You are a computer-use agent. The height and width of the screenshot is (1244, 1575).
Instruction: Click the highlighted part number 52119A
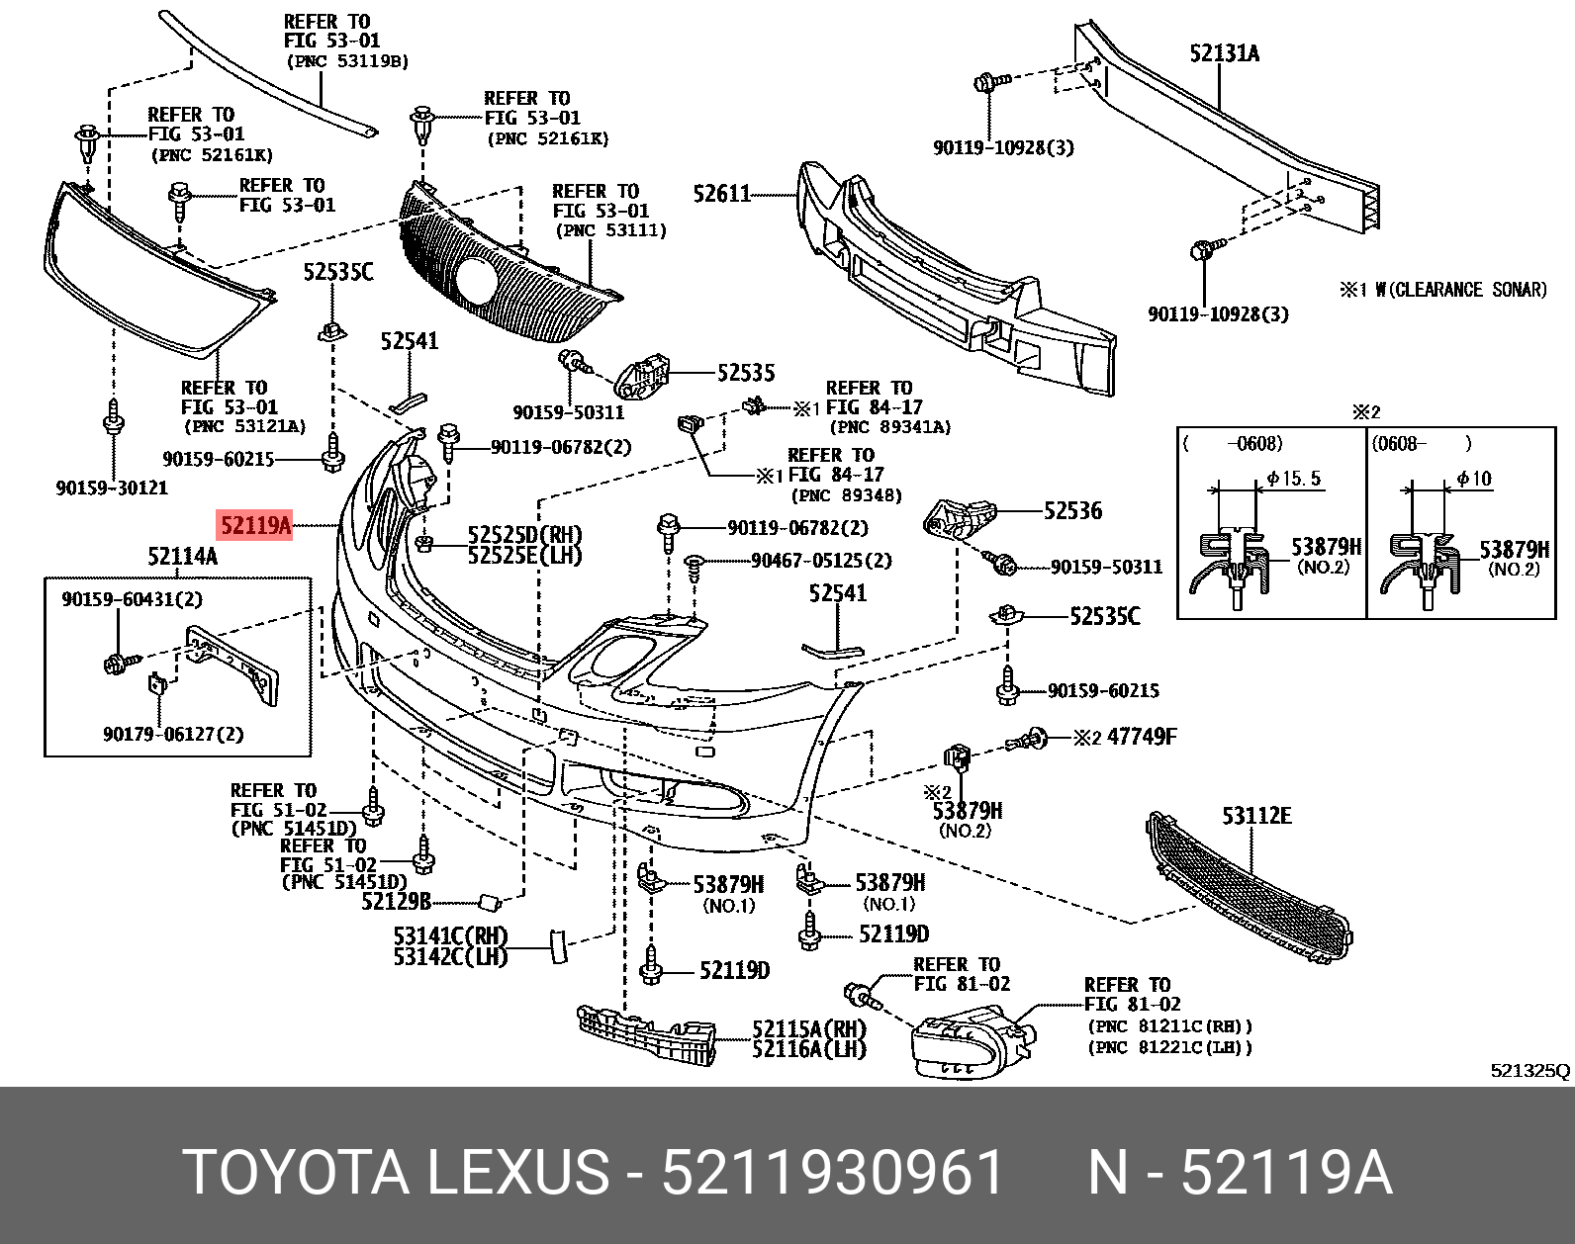click(x=255, y=525)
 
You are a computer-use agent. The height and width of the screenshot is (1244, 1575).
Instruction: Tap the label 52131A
click(x=1224, y=53)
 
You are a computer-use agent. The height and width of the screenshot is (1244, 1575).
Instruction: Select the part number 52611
click(x=722, y=194)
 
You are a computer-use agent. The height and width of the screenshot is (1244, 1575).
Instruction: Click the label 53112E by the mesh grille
click(x=1256, y=816)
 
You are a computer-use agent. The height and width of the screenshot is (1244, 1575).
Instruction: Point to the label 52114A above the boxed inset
click(x=182, y=557)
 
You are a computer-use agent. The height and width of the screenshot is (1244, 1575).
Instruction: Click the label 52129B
click(x=396, y=902)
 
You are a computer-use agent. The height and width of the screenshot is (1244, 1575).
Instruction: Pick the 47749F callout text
click(x=1142, y=737)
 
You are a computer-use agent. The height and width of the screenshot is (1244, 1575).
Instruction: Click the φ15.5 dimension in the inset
click(x=1294, y=479)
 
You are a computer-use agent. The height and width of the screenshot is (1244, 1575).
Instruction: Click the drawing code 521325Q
click(x=1529, y=1070)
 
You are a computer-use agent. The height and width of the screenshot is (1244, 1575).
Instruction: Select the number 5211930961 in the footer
click(x=832, y=1173)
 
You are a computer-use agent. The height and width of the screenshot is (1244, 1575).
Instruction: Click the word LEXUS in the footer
click(x=517, y=1173)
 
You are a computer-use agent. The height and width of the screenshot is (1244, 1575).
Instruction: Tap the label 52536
click(x=1072, y=511)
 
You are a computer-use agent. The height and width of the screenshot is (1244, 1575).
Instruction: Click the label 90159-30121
click(x=112, y=488)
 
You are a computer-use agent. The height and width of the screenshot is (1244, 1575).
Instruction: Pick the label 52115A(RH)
click(x=808, y=1029)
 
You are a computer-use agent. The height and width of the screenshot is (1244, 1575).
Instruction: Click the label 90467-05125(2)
click(x=821, y=561)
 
